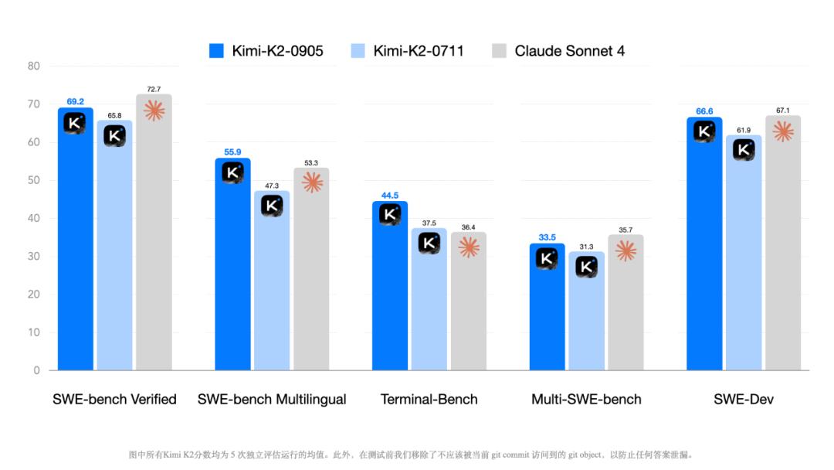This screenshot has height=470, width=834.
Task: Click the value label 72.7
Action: [x=154, y=90]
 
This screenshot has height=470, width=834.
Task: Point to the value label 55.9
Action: [x=232, y=152]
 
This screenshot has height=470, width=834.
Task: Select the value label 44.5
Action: [x=390, y=196]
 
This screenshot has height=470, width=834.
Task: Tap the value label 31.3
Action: [x=586, y=247]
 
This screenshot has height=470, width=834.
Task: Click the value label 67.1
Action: [x=783, y=111]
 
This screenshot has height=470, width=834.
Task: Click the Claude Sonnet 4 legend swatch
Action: [x=499, y=51]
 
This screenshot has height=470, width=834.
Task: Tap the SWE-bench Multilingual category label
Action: [x=272, y=400]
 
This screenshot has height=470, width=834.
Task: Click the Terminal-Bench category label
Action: [x=429, y=400]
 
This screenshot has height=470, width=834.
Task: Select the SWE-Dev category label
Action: [x=744, y=400]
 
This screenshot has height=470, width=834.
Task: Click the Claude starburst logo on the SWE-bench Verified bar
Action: [x=154, y=111]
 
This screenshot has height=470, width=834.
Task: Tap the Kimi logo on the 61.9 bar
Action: [x=744, y=150]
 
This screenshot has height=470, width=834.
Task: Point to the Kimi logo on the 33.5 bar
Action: [x=547, y=259]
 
